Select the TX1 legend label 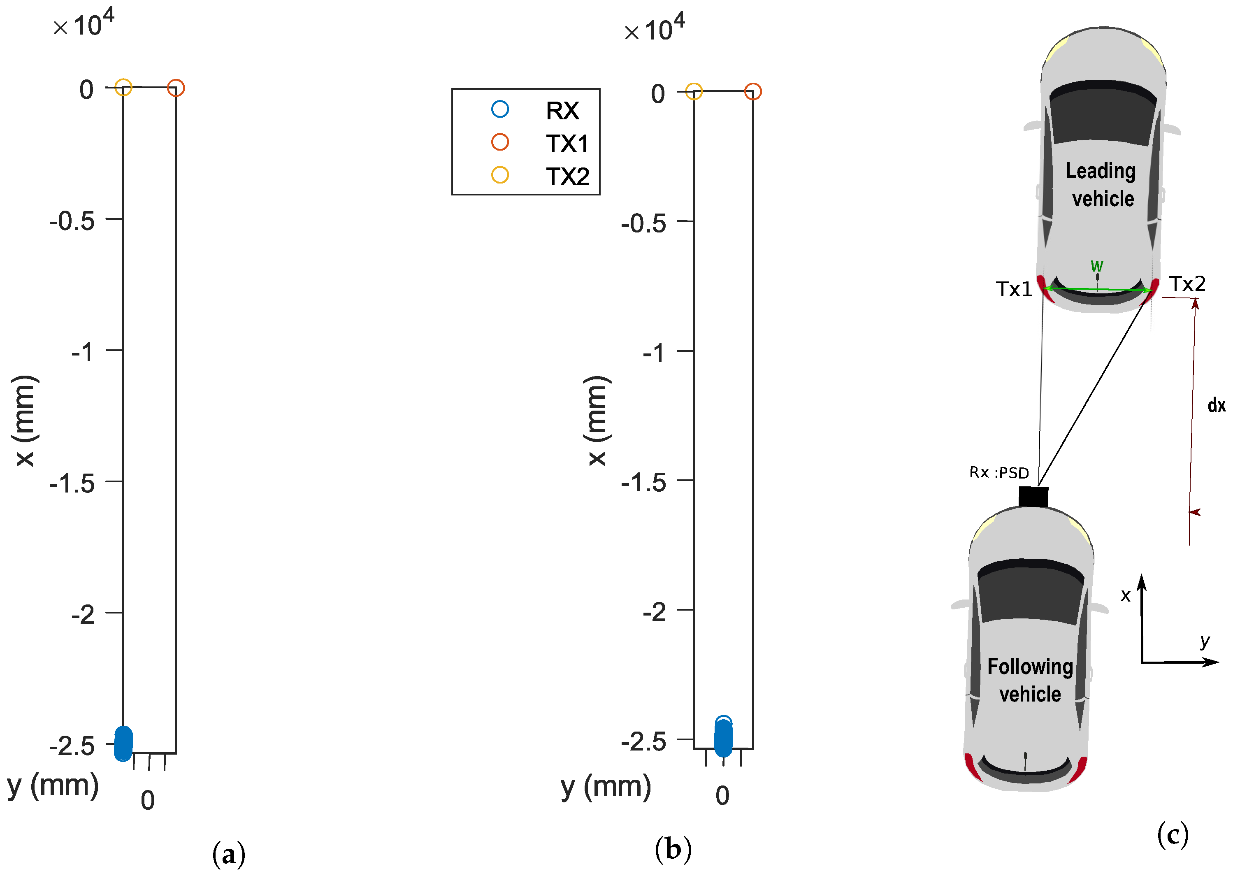[x=567, y=144]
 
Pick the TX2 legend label [x=567, y=177]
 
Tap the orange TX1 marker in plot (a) [x=176, y=88]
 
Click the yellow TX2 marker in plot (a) [x=123, y=87]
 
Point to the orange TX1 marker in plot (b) [x=752, y=92]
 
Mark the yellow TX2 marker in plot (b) [x=694, y=92]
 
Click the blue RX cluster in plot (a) [x=123, y=744]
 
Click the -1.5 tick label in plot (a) [x=72, y=484]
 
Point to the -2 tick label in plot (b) [x=654, y=612]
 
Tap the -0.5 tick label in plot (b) [x=643, y=224]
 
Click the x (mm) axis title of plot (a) [x=25, y=421]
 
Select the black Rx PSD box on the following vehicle [x=1033, y=496]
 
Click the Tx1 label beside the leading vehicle [x=1013, y=290]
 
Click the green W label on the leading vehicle [x=1096, y=266]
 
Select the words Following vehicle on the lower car [x=1030, y=680]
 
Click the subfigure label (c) [x=1172, y=834]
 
